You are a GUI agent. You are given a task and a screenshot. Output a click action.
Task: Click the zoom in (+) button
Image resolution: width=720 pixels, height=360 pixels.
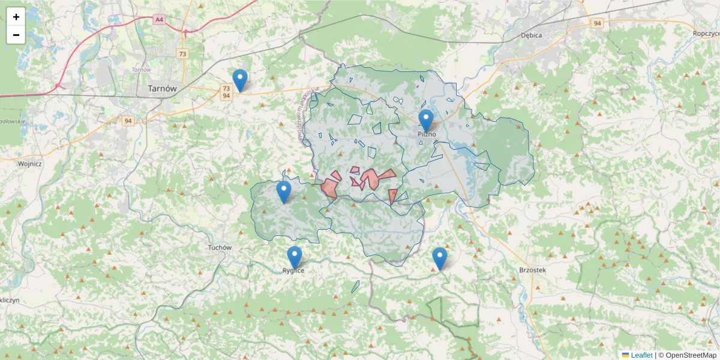pyautogui.click(x=16, y=17)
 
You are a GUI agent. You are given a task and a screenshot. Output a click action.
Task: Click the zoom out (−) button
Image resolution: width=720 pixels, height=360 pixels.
pyautogui.click(x=16, y=35)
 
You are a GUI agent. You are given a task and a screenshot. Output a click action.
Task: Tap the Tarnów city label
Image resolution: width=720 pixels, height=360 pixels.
pyautogui.click(x=162, y=88)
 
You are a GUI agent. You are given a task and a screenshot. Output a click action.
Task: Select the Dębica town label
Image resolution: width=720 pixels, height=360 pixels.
pyautogui.click(x=531, y=35)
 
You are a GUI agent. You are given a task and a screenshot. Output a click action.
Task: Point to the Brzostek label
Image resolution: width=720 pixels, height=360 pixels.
pyautogui.click(x=532, y=270)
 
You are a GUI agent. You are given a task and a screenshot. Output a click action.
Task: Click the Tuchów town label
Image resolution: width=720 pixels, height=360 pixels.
pyautogui.click(x=219, y=247)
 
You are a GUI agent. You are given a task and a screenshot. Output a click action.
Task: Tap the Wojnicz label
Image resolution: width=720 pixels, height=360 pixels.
pyautogui.click(x=29, y=163)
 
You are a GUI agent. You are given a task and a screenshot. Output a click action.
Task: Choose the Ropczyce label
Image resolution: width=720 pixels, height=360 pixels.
pyautogui.click(x=705, y=34)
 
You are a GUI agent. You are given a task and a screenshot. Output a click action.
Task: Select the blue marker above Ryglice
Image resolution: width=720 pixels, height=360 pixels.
pyautogui.click(x=294, y=257)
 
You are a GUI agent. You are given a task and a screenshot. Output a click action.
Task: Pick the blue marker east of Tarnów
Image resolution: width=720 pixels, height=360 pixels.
pyautogui.click(x=240, y=80)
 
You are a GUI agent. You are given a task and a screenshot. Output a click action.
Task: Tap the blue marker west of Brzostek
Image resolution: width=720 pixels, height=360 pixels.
pyautogui.click(x=440, y=259)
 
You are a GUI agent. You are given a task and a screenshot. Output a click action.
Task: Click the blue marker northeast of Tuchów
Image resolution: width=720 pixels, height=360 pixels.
pyautogui.click(x=284, y=192)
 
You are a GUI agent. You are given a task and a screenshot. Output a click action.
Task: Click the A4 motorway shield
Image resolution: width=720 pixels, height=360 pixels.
pyautogui.click(x=159, y=20)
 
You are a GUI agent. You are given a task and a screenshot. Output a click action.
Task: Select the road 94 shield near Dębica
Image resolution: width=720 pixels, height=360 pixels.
pyautogui.click(x=596, y=23)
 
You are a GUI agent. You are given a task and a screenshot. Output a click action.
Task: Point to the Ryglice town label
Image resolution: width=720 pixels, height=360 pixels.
pyautogui.click(x=293, y=271)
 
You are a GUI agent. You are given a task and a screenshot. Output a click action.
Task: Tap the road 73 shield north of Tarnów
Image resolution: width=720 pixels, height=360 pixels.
pyautogui.click(x=182, y=54)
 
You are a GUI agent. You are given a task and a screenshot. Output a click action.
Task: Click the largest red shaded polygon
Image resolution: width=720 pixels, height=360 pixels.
pyautogui.click(x=373, y=179)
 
